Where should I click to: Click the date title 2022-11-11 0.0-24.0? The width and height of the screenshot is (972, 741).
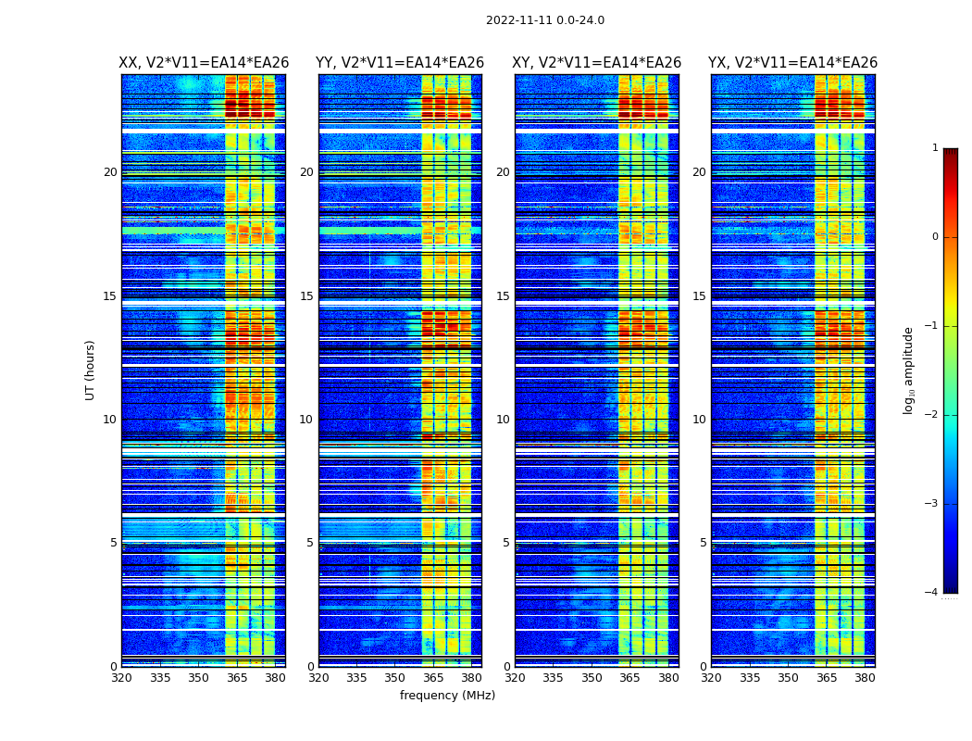(544, 20)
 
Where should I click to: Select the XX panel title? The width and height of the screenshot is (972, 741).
(204, 63)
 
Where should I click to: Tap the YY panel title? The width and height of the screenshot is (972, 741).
(400, 63)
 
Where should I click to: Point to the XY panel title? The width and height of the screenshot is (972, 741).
(597, 63)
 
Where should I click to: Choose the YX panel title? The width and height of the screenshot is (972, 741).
(793, 63)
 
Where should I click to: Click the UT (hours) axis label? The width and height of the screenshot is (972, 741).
(91, 370)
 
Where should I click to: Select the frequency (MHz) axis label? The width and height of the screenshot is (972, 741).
(447, 696)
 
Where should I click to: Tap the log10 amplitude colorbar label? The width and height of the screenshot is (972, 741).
(909, 370)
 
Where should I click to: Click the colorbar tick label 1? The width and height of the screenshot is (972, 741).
(935, 148)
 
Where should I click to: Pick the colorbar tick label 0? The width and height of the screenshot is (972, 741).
(935, 237)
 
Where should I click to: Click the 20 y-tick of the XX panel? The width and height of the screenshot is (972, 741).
(110, 172)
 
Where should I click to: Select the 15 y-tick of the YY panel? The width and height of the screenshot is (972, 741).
(306, 296)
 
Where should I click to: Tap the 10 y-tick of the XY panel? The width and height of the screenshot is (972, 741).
(503, 420)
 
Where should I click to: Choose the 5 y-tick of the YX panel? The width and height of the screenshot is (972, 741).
(704, 543)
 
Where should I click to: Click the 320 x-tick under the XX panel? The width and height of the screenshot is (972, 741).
(121, 678)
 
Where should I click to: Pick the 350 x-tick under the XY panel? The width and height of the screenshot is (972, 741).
(592, 678)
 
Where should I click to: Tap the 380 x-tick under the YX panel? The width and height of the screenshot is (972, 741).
(865, 678)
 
